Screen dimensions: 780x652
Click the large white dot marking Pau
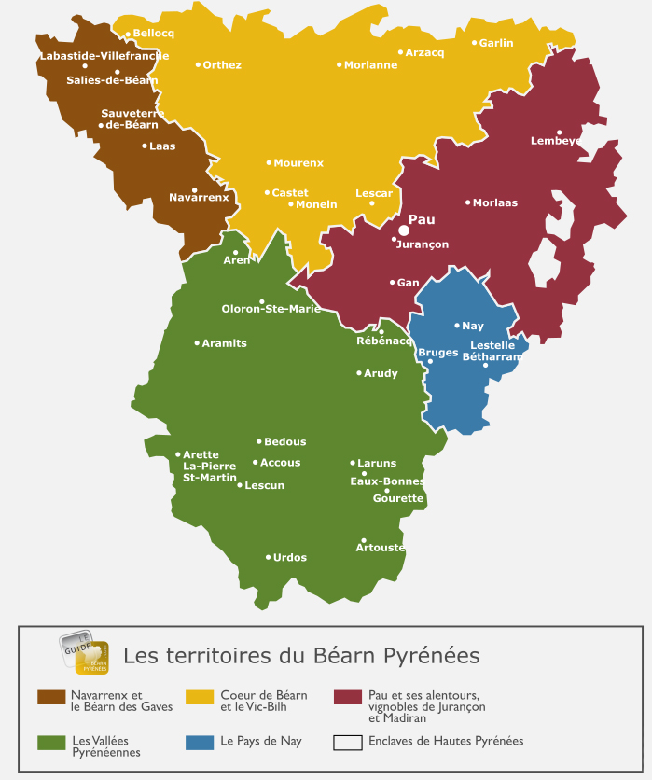coord(404,230)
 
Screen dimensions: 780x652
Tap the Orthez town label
coord(222,65)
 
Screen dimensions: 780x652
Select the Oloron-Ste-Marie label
coord(271,309)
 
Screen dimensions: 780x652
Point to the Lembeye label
coord(555,141)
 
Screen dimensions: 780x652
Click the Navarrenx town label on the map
coord(199,198)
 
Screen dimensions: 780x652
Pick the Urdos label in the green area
coord(289,558)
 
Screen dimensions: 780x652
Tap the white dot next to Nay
coord(457,326)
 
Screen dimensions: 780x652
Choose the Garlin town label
coord(496,43)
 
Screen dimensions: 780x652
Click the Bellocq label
coord(154,34)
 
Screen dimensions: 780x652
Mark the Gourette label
coord(398,498)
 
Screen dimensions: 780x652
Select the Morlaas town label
coord(494,202)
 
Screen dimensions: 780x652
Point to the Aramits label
coord(224,343)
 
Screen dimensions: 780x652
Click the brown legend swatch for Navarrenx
coord(50,698)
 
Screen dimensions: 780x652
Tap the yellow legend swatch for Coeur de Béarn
coord(200,698)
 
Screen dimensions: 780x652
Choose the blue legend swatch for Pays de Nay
coord(200,743)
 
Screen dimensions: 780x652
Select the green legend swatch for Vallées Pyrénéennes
coord(50,743)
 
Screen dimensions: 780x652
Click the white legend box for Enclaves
coord(348,743)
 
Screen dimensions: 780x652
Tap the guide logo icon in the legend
coord(85,653)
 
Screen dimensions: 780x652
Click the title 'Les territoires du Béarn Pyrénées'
coord(301,656)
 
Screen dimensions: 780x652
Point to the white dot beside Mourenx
coord(269,162)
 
